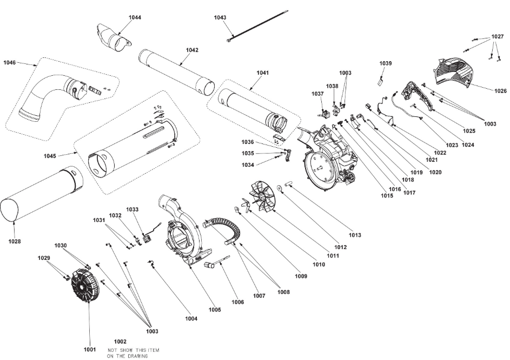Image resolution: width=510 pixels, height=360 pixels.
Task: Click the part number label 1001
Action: tap(89, 349)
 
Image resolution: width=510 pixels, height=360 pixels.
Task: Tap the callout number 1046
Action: tap(10, 63)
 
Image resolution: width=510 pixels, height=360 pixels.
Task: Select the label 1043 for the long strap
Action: tap(220, 18)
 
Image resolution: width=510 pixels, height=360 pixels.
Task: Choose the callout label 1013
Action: tap(355, 235)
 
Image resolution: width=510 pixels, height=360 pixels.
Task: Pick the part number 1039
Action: tap(385, 64)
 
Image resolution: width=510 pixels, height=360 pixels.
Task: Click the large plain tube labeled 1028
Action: tap(41, 195)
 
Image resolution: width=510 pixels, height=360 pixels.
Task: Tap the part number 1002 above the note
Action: tap(120, 342)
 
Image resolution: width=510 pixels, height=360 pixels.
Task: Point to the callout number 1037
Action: tap(317, 94)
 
